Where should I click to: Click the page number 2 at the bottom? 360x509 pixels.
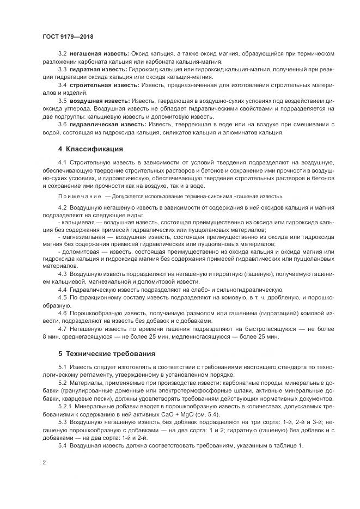44,462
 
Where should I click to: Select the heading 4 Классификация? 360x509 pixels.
90,149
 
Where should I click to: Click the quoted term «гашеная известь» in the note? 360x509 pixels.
259,196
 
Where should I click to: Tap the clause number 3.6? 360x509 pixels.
62,124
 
